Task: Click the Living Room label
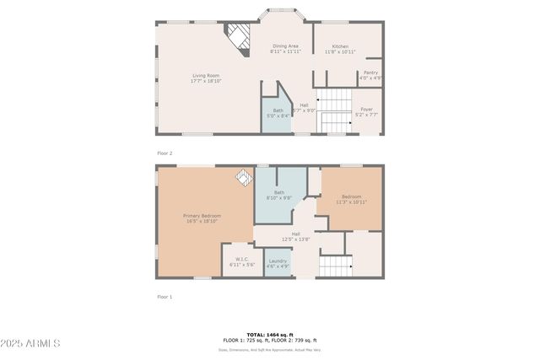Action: (x=206, y=78)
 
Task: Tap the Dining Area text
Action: (x=284, y=48)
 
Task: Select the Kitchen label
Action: (x=340, y=49)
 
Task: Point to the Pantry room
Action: (x=370, y=75)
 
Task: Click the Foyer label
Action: (x=367, y=111)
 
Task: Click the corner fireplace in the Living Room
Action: (x=240, y=37)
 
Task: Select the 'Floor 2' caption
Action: (x=165, y=153)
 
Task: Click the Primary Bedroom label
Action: (x=202, y=218)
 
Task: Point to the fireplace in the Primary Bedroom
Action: (x=243, y=177)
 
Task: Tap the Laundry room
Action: (x=278, y=263)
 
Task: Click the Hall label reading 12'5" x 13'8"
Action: (x=295, y=236)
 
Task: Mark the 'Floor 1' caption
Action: (x=165, y=297)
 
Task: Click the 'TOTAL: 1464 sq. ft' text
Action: (x=269, y=335)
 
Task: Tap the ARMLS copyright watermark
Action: (x=30, y=343)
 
